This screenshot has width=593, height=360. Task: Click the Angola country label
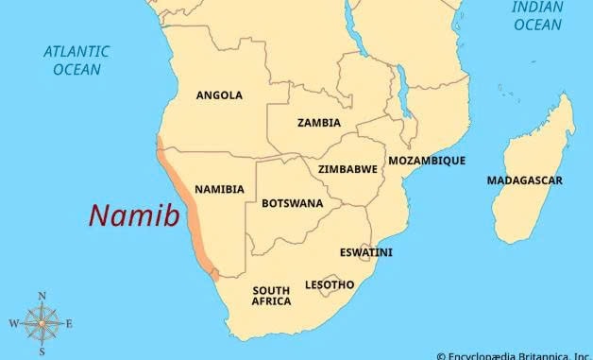(219, 95)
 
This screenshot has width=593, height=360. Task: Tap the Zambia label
(319, 123)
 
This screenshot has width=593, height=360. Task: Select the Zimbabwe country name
(347, 169)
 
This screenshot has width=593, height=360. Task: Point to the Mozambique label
(427, 161)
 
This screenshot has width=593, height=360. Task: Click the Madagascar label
(525, 180)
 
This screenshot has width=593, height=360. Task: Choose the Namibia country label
(219, 189)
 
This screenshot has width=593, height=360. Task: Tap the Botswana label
(292, 203)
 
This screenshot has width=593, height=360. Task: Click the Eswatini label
(366, 252)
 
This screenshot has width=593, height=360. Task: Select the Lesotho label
(330, 284)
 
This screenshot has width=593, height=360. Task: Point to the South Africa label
(271, 296)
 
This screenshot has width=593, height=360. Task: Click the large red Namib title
(134, 216)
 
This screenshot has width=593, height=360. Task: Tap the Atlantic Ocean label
(76, 60)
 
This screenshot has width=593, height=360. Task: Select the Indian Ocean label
(537, 16)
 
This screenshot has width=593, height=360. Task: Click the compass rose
(42, 324)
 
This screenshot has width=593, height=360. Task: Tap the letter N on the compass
(42, 297)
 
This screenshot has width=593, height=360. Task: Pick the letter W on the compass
(13, 324)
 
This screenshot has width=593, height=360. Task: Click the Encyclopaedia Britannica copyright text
(514, 355)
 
